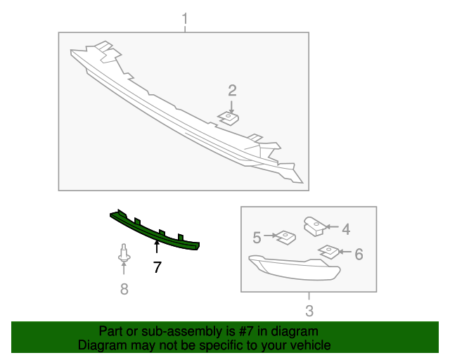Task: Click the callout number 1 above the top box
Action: [x=185, y=19]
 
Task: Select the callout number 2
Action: [x=232, y=91]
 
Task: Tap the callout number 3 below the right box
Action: [x=309, y=311]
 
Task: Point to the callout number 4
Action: [x=346, y=229]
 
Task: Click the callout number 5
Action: [x=257, y=238]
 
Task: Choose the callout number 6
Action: [x=359, y=255]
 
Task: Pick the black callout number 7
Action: [x=157, y=267]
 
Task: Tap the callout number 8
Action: [x=124, y=289]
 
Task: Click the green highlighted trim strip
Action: [x=155, y=232]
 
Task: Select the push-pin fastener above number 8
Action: [x=124, y=252]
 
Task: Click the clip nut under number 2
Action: [x=229, y=118]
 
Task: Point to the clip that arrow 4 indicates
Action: [x=314, y=226]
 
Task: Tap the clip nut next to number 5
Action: [x=285, y=238]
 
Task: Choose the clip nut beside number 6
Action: [x=328, y=252]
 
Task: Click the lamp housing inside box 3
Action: [x=295, y=267]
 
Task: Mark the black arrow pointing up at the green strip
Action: [x=157, y=247]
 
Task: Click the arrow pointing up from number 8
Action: [x=124, y=268]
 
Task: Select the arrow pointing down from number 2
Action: [x=231, y=107]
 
